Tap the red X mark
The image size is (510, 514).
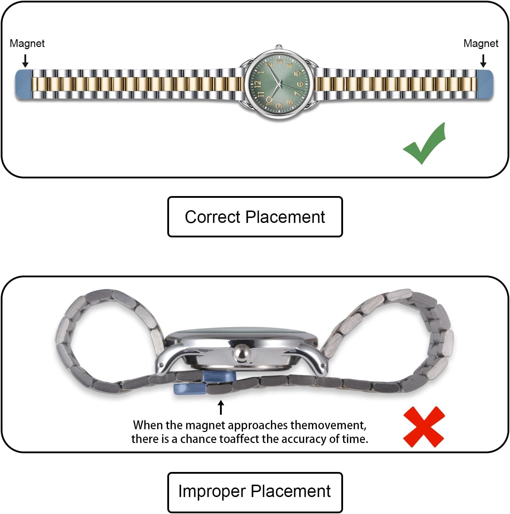point(424,427)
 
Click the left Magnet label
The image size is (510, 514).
point(27,43)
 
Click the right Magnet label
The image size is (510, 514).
point(481,43)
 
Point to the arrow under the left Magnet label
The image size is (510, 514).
point(25,60)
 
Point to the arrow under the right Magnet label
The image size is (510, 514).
point(483,60)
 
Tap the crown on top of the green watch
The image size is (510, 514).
point(279,47)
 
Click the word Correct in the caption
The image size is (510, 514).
point(212,217)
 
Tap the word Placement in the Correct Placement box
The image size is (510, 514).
point(285,217)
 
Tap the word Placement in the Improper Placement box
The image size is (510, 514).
point(291,491)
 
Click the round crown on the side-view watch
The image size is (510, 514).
point(240,354)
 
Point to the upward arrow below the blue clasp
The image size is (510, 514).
point(221,407)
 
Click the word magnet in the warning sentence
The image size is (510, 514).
point(206,425)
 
